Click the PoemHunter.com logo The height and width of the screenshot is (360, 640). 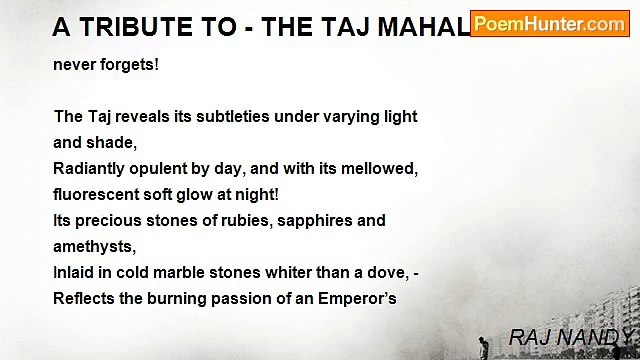pyautogui.click(x=549, y=24)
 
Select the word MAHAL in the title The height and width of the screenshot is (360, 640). pyautogui.click(x=420, y=27)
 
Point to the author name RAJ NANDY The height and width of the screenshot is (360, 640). pyautogui.click(x=571, y=337)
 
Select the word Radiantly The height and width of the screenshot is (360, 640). pyautogui.click(x=93, y=168)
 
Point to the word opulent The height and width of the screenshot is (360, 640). pyautogui.click(x=169, y=168)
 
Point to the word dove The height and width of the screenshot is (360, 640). pyautogui.click(x=379, y=272)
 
